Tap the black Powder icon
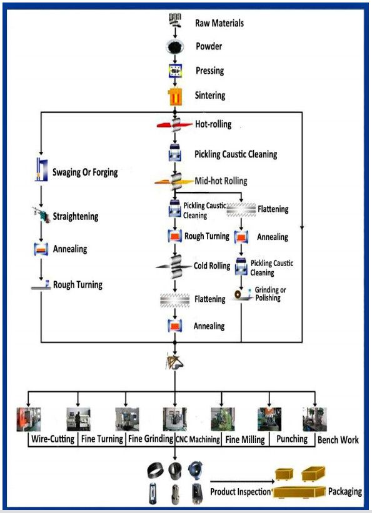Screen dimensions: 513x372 174,46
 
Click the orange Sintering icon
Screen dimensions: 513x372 174,96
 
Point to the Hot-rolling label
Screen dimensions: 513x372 213,124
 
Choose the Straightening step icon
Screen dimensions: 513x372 41,216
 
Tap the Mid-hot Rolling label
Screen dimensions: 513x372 220,181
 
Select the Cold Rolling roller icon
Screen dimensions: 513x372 174,266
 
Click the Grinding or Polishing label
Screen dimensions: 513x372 271,294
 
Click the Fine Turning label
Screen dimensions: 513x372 103,439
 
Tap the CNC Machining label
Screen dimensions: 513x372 197,440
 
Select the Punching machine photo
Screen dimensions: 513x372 269,419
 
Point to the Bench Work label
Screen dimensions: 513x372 338,440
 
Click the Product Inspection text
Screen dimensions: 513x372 241,492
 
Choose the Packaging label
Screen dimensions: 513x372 345,492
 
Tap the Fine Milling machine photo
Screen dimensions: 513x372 222,419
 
